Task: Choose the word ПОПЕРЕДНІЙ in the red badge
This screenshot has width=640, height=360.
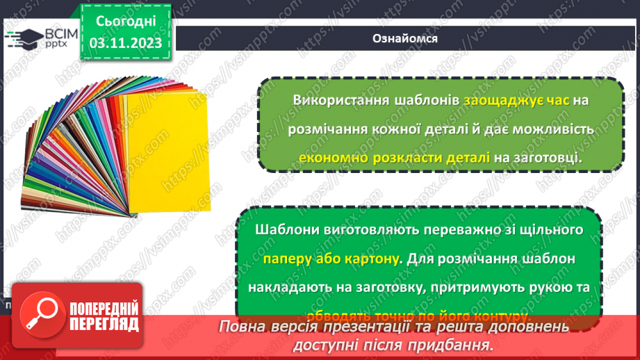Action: point(104,308)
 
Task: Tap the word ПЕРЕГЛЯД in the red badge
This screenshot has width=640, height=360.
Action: point(104,325)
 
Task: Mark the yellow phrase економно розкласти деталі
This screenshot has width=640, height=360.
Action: point(394,158)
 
